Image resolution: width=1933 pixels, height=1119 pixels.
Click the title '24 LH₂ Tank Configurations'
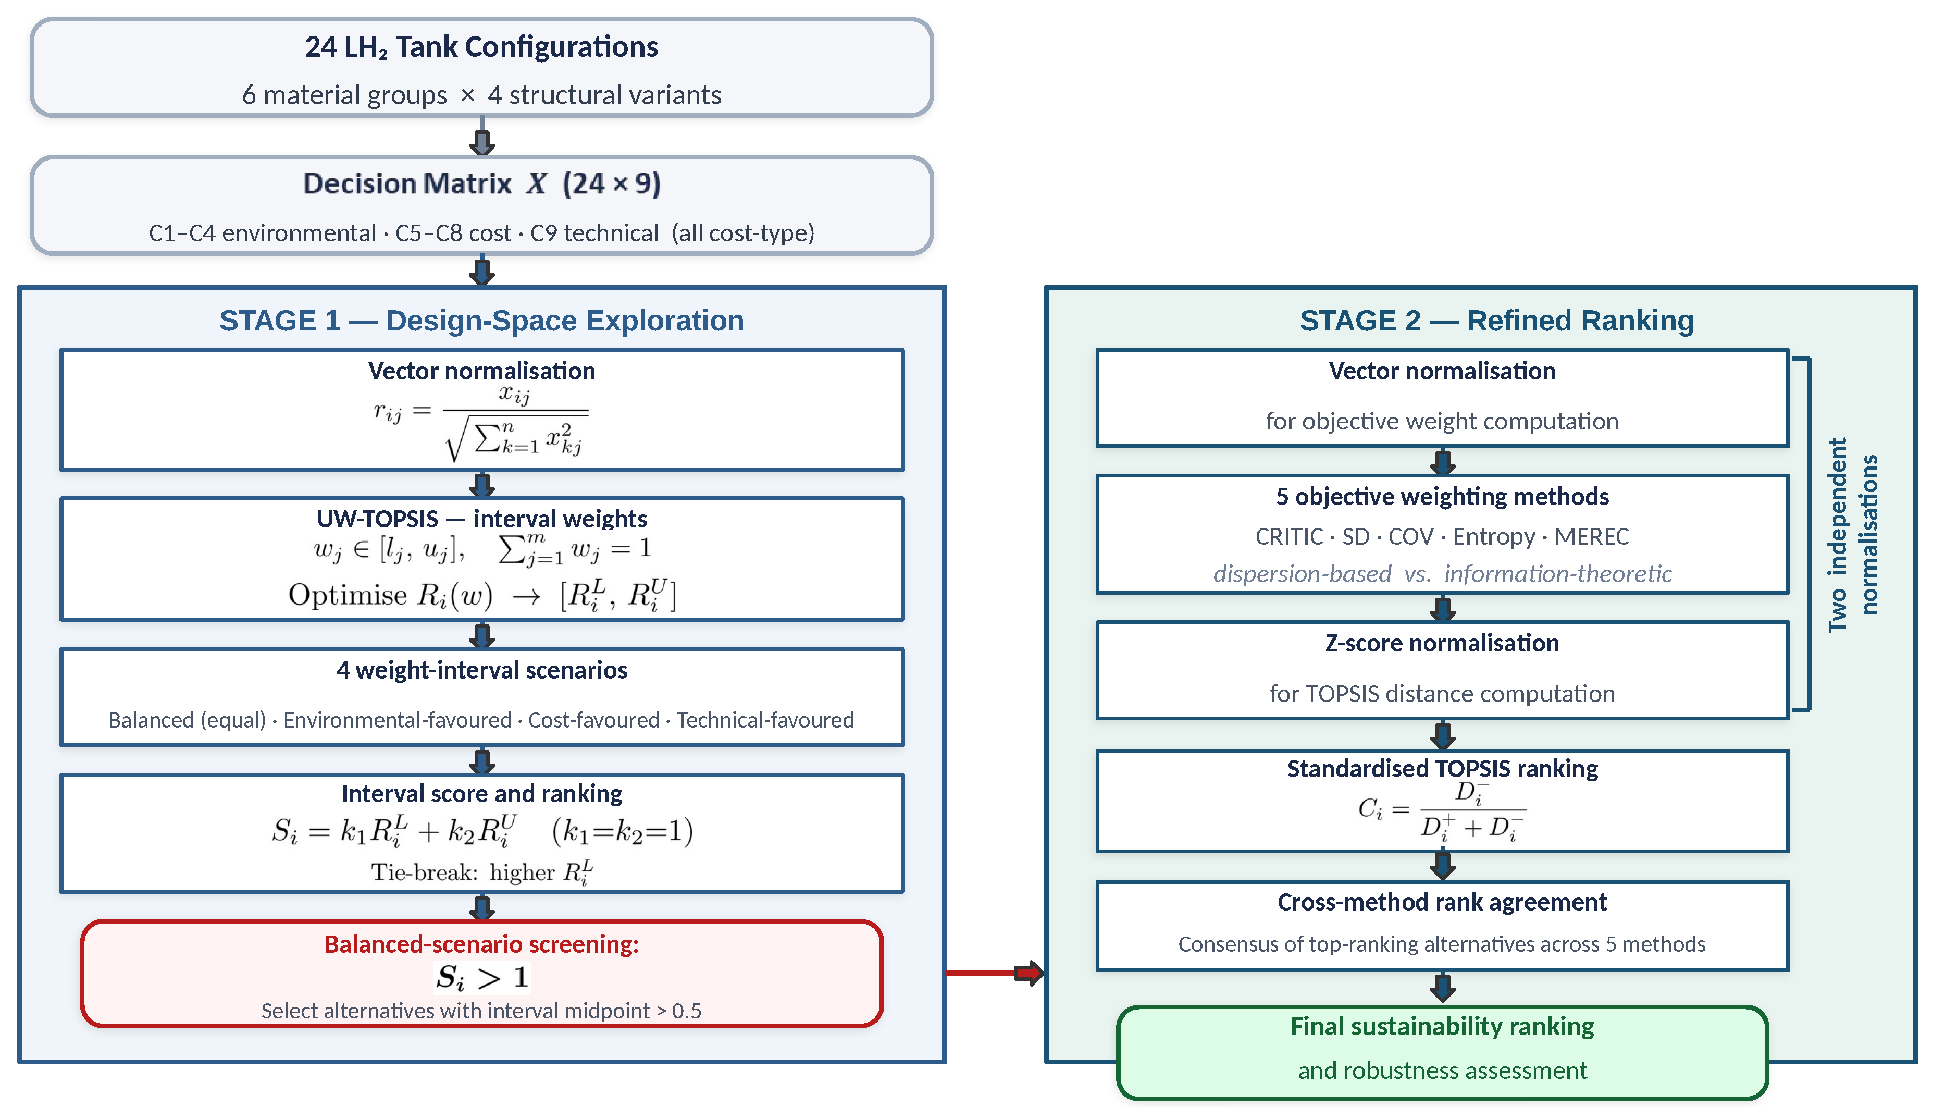point(482,47)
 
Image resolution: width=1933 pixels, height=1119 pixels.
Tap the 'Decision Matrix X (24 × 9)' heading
point(482,184)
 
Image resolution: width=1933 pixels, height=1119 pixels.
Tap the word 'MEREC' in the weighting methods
point(1592,536)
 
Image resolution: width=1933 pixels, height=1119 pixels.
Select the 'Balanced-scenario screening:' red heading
point(482,944)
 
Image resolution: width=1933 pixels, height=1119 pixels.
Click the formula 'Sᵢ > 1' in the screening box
point(482,978)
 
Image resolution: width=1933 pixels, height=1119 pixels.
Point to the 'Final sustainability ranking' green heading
point(1442,1026)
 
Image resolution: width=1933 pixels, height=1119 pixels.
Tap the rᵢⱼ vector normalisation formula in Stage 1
point(481,424)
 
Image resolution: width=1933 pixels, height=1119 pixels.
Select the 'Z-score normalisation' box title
point(1442,643)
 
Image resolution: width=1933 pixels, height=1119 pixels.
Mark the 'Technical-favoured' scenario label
point(765,720)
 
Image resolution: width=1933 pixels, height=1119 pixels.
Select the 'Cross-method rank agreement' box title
point(1442,903)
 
